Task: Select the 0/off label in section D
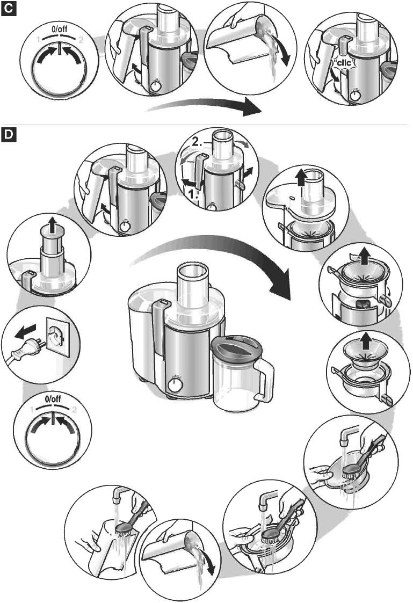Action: (53, 399)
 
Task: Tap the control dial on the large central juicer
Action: (174, 385)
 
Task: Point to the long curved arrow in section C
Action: (204, 107)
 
